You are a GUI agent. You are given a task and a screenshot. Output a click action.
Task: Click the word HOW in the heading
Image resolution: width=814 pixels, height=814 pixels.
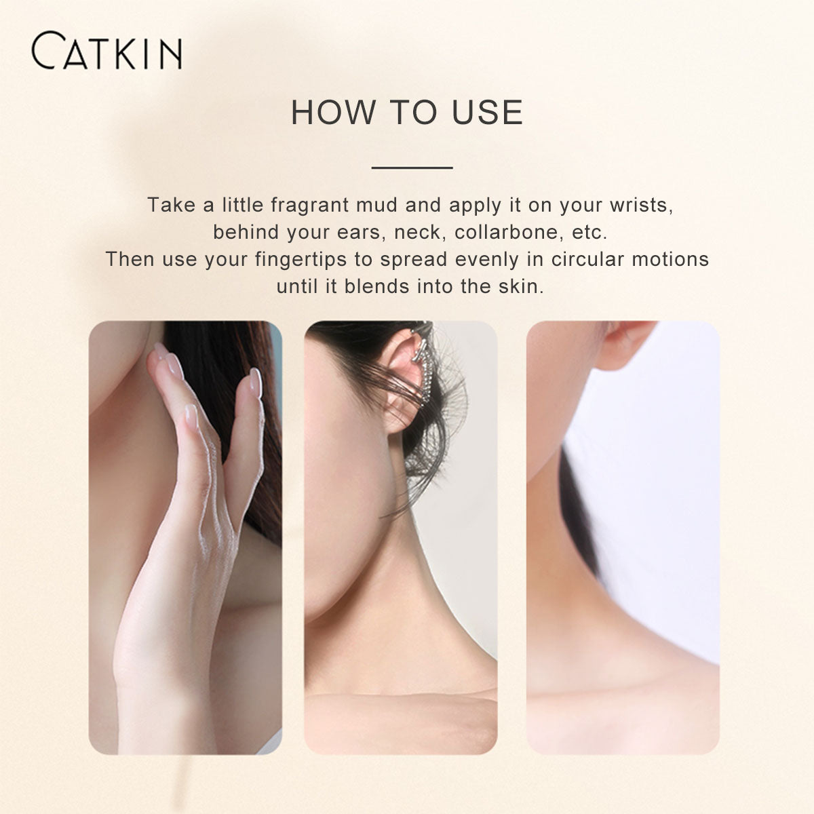(x=333, y=113)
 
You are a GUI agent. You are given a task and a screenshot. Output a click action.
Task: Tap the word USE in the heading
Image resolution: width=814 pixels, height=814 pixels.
(x=487, y=113)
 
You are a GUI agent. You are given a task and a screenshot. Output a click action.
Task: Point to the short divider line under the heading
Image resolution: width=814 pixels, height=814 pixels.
(x=412, y=168)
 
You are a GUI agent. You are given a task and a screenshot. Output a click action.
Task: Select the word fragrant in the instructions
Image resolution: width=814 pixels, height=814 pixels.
(x=310, y=206)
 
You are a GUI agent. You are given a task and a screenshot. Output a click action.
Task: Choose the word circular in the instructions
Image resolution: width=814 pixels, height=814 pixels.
(x=587, y=259)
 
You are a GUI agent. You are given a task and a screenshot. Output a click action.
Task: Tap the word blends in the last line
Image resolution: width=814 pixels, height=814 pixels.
(x=376, y=286)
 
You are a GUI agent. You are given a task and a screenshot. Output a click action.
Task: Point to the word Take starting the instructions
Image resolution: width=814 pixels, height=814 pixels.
(x=171, y=206)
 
